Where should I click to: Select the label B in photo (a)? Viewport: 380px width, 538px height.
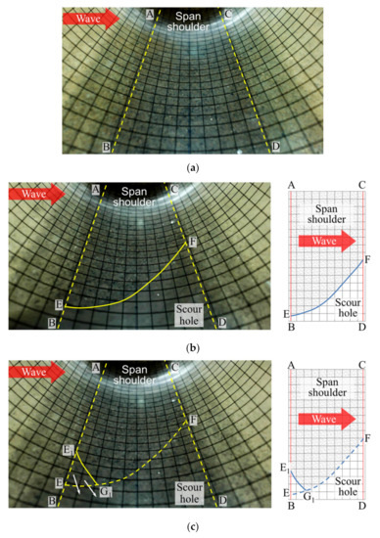[x=105, y=147]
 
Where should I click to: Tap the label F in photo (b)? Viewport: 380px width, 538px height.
[x=192, y=241]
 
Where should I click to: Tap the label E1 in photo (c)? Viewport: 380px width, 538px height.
[x=66, y=450]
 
